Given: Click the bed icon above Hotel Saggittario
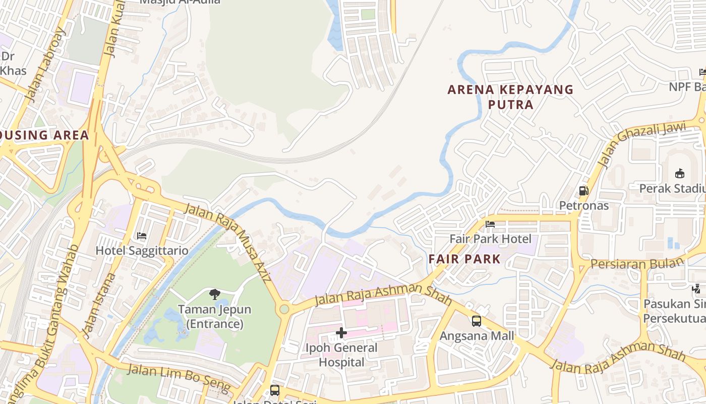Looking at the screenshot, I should click(142, 236).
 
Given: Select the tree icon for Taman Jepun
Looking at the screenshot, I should click(215, 294).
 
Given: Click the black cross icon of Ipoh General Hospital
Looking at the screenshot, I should click(341, 333).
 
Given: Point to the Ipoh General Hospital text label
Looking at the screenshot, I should click(341, 355).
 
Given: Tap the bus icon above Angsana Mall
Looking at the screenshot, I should click(476, 321).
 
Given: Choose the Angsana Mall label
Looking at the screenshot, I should click(477, 336).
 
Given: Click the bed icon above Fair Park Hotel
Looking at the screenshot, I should click(490, 224).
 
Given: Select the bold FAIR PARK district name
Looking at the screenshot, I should click(464, 260).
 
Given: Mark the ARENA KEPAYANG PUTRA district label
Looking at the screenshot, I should click(511, 97).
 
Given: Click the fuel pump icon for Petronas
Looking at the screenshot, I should click(583, 191).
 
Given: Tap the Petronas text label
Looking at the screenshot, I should click(583, 206).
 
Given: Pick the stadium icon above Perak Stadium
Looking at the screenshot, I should click(679, 173).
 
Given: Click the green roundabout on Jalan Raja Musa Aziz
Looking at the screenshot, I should click(284, 309).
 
